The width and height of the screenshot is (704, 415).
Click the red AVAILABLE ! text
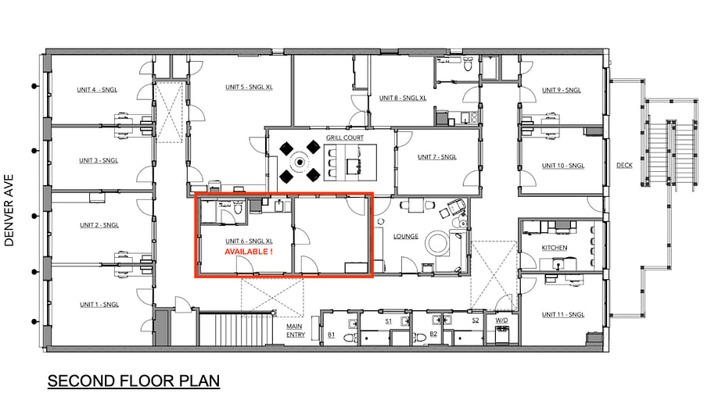(248, 252)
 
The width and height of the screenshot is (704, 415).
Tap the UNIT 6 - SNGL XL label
(249, 241)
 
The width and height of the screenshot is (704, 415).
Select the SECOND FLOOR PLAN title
(134, 381)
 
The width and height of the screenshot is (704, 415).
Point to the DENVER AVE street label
(9, 210)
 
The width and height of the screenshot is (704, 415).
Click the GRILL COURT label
(345, 138)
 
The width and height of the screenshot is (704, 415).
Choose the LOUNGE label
(406, 237)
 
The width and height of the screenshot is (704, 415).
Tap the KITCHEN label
(555, 248)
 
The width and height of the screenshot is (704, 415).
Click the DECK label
(624, 165)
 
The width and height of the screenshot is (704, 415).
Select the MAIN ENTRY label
(296, 331)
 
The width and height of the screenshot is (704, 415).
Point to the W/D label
(501, 320)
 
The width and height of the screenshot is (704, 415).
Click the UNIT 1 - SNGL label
(99, 304)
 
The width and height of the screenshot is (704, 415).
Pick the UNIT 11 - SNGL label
(563, 314)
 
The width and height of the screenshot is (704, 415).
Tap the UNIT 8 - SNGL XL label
(403, 98)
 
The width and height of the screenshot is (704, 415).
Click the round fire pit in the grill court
(300, 162)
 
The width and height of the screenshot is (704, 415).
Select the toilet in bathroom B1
(350, 338)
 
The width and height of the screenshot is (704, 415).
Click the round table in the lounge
(437, 243)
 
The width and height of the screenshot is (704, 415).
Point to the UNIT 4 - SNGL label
(97, 90)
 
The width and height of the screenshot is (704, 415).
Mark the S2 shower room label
(476, 320)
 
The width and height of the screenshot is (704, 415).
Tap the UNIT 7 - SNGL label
(436, 157)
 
